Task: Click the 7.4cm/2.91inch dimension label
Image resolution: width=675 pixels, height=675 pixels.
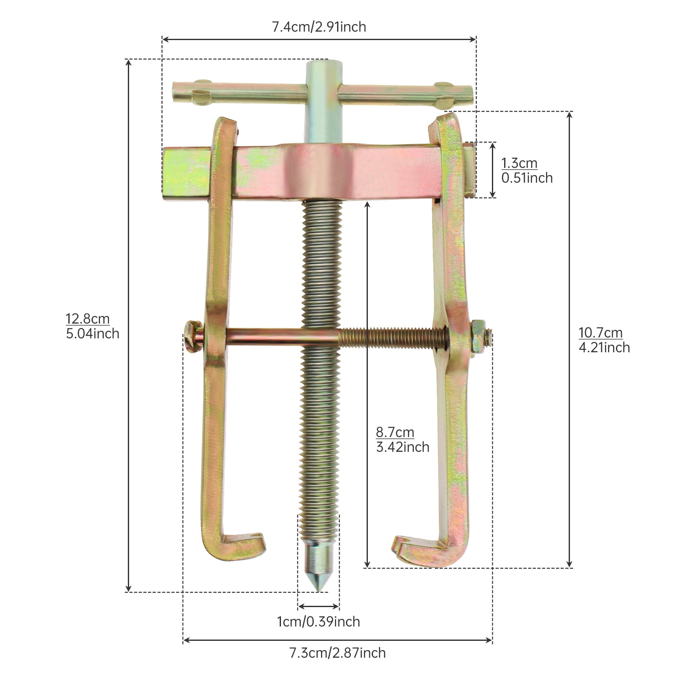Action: coord(319,27)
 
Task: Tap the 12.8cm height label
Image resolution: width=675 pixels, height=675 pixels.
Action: coord(88,319)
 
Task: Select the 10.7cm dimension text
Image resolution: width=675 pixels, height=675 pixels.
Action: coord(600,332)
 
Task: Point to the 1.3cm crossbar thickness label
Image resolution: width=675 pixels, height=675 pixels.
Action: coord(519,163)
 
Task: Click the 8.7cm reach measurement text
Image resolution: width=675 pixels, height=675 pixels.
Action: coord(395,432)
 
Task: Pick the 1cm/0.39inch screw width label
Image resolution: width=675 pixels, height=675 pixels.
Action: coord(319,621)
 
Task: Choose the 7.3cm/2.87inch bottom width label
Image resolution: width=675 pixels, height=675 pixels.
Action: coord(337,653)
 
